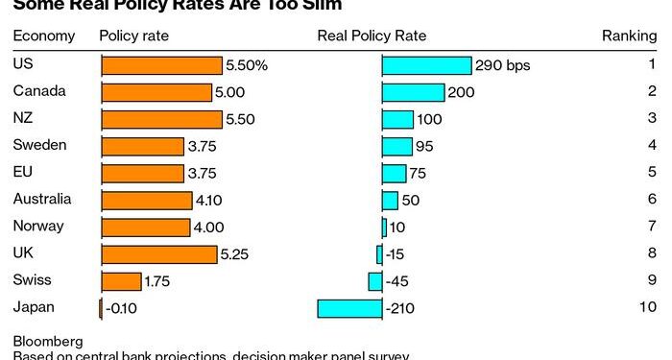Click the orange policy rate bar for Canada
[156, 92]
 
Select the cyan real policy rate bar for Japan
[349, 308]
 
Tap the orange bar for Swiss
[122, 281]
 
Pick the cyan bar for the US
[427, 65]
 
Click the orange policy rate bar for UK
[159, 254]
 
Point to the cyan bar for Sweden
[397, 146]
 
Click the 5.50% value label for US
[247, 65]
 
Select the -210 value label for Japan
[400, 308]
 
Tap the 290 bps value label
[503, 65]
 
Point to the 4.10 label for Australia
[208, 201]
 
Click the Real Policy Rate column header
[372, 36]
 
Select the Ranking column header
[629, 36]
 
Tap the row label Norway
[38, 227]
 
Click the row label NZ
[23, 118]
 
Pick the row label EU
[23, 173]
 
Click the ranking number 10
[648, 307]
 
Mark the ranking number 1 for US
[652, 64]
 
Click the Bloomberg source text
[48, 341]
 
